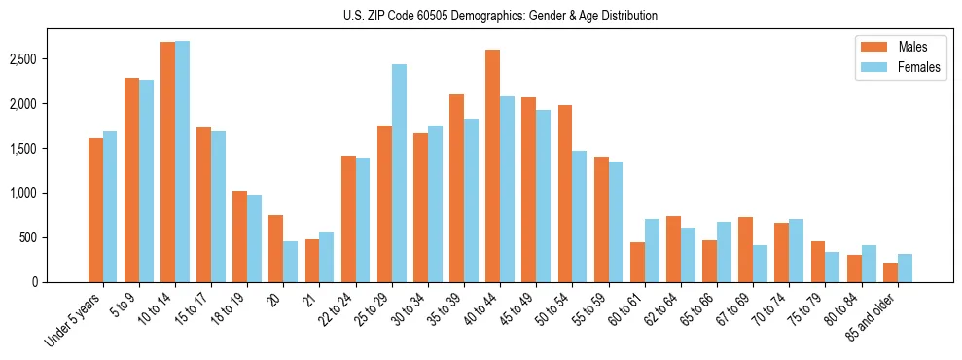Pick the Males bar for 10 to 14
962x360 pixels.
coord(167,162)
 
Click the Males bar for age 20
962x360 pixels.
coord(276,248)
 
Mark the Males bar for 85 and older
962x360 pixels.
coord(891,272)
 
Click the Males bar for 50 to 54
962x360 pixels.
coord(565,194)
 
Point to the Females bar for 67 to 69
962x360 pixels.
coord(761,264)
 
